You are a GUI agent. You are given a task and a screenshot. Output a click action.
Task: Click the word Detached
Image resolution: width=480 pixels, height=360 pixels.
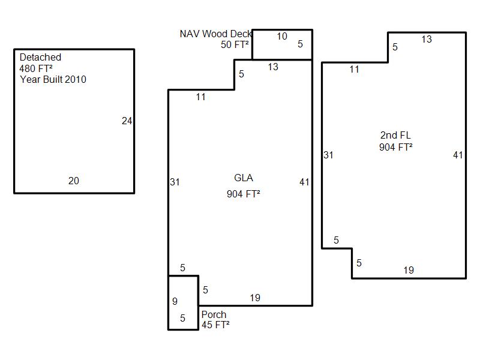[40, 58]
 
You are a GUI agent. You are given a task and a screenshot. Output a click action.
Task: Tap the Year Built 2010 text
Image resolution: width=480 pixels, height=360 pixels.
[53, 79]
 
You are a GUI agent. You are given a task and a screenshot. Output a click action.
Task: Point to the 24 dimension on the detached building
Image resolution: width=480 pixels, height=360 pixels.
[127, 121]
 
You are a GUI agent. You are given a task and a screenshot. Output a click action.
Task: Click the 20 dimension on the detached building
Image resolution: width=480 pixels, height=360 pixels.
[73, 181]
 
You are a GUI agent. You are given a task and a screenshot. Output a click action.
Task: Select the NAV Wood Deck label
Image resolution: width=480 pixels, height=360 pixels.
[215, 34]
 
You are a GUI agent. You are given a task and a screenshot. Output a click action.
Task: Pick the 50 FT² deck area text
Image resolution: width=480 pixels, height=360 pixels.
[235, 45]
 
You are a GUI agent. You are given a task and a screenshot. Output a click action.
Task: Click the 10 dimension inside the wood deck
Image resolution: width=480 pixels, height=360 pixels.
[281, 37]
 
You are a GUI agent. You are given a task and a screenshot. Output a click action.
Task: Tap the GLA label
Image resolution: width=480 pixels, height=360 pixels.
[244, 178]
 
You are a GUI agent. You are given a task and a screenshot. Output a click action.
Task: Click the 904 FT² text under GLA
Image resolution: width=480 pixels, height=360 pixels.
[244, 194]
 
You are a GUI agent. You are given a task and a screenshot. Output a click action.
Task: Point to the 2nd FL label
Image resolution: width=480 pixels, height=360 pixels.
[395, 136]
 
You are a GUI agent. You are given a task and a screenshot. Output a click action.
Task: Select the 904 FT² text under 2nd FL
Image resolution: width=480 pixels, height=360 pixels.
[395, 147]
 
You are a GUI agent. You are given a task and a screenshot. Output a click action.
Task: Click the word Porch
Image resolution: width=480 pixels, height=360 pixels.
[214, 315]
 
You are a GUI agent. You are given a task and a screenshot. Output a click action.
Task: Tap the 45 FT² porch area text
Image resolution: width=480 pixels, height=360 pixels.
[215, 325]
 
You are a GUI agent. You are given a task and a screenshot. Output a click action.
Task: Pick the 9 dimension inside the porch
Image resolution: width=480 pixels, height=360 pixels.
[175, 302]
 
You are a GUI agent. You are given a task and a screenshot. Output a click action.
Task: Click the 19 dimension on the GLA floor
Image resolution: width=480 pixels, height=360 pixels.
[255, 298]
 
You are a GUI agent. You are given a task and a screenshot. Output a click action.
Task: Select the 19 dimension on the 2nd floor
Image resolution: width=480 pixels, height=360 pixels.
[409, 271]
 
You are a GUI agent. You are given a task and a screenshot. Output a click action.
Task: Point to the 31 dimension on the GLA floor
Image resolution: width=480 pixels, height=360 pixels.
[175, 182]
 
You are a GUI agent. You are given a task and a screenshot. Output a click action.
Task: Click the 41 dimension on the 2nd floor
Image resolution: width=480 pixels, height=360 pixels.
[458, 155]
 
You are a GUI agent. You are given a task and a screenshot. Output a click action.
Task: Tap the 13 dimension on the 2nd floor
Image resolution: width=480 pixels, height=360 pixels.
[426, 40]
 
